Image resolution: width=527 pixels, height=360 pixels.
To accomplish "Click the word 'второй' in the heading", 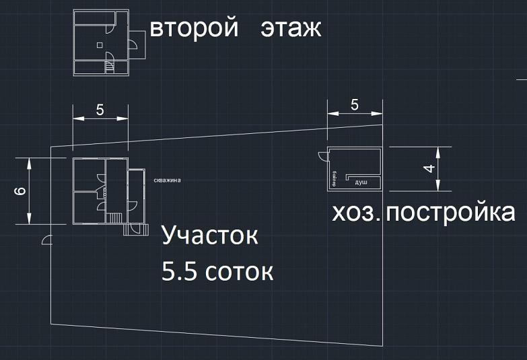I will (x=195, y=30).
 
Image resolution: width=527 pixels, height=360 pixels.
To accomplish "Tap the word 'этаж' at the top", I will (x=291, y=30).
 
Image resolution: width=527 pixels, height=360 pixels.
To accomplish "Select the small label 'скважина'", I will (x=167, y=180).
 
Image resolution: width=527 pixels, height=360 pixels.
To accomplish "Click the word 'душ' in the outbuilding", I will (x=361, y=182).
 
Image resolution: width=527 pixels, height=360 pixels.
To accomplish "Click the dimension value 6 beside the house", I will (x=21, y=192).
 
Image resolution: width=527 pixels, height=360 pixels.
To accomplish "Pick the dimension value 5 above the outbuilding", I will (x=355, y=105).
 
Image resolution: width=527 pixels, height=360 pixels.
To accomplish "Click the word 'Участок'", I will (x=210, y=237).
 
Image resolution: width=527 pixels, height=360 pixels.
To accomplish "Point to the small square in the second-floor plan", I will (x=100, y=45).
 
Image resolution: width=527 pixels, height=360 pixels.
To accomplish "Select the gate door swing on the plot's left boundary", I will (x=46, y=238).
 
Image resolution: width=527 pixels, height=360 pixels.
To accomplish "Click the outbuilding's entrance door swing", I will (x=323, y=155).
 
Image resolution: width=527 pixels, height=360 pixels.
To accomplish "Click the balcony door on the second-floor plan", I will (x=132, y=44).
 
